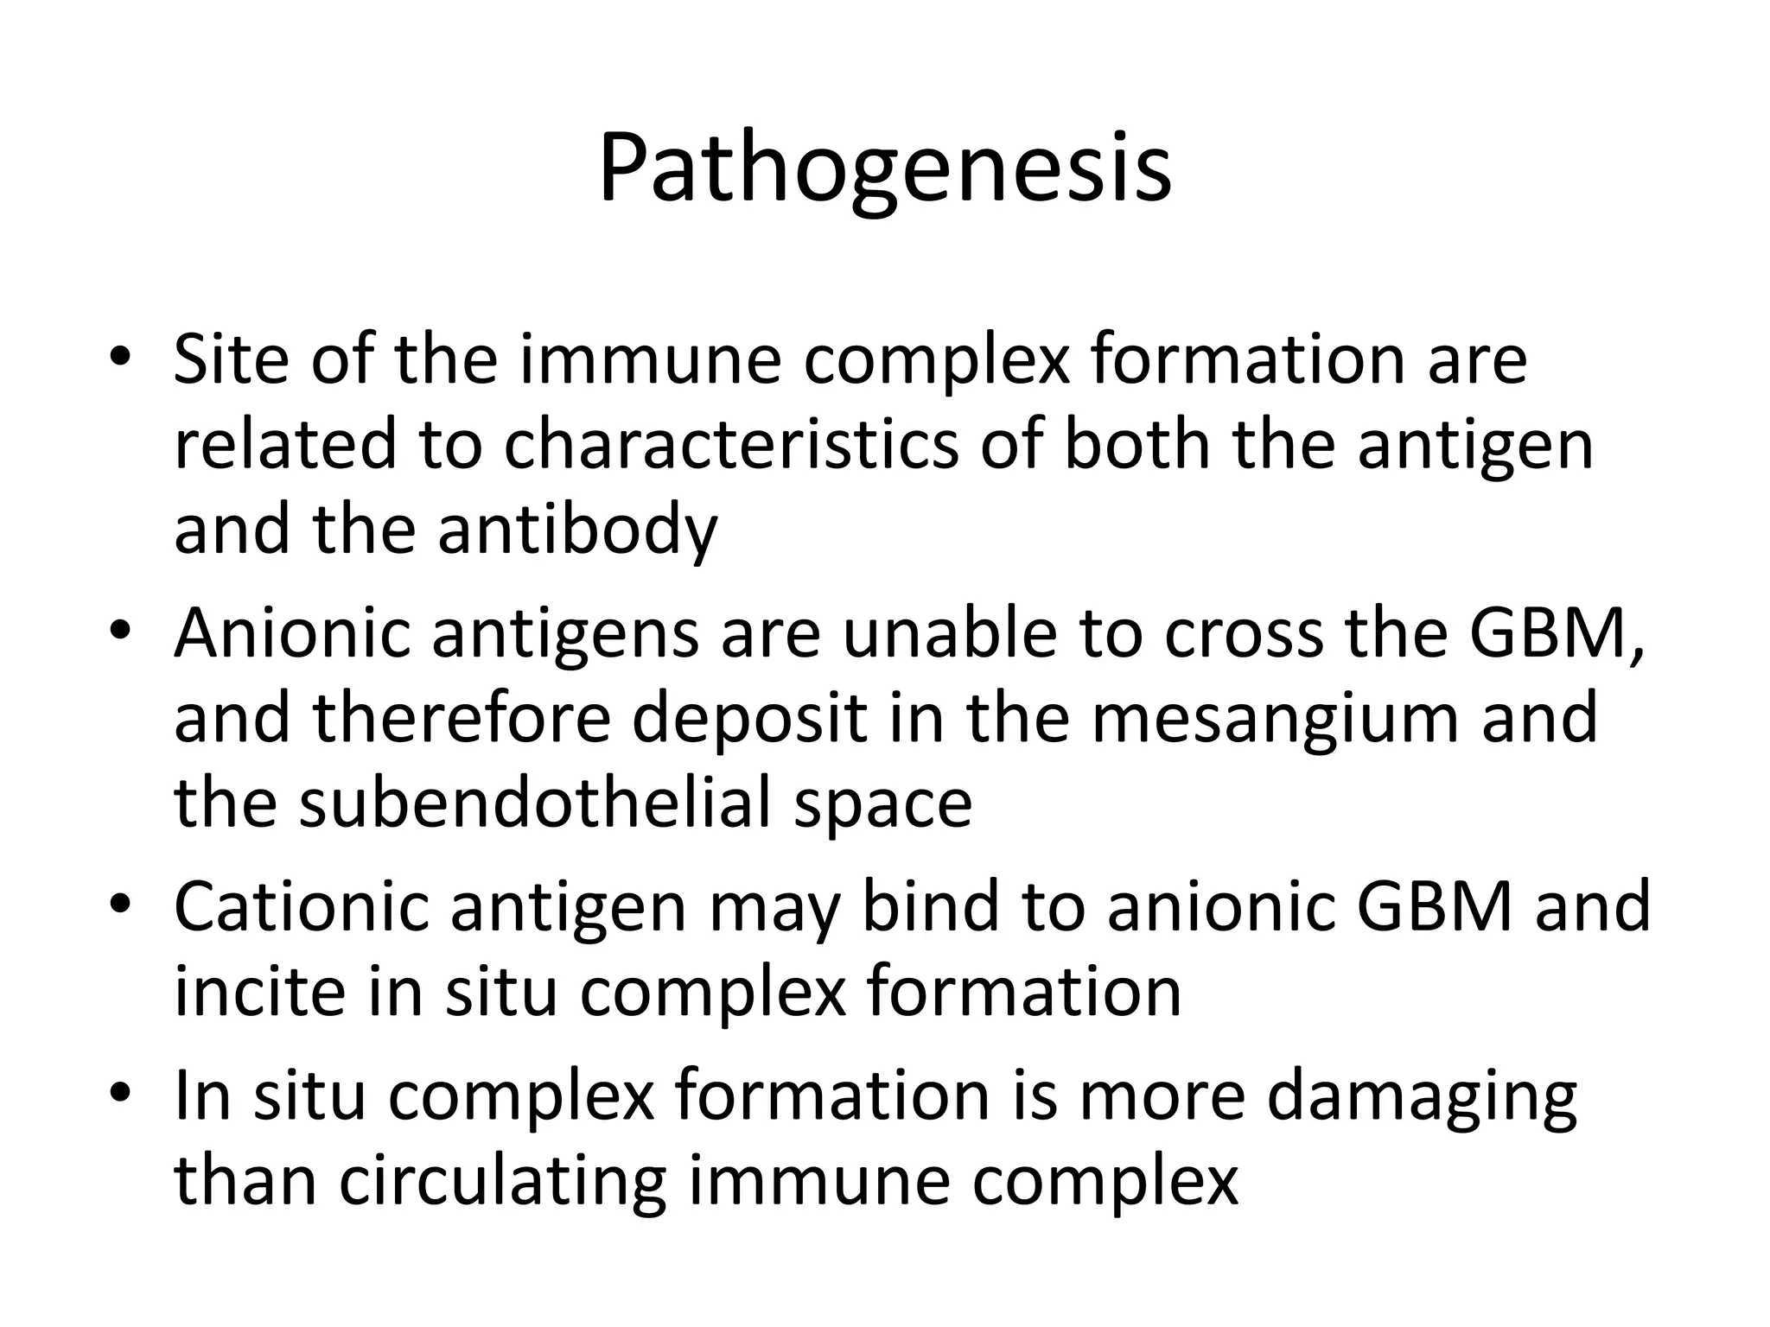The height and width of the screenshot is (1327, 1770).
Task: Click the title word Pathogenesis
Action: [884, 168]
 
